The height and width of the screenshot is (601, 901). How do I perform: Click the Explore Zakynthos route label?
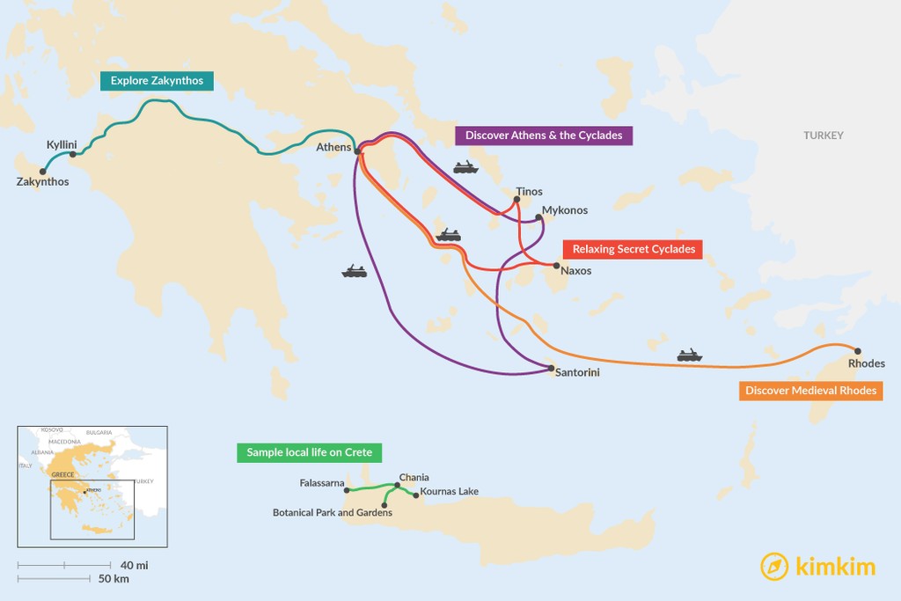coord(157,81)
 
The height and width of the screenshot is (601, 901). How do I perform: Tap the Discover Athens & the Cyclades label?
coord(544,136)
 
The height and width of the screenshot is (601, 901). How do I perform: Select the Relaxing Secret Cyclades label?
coord(634,249)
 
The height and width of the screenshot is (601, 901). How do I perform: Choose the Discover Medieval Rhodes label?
coord(810,391)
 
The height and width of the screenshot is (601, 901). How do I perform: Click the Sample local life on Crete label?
coord(309,452)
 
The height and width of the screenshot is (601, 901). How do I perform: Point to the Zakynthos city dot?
coord(42,172)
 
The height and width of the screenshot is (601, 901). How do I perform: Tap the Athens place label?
coord(334,148)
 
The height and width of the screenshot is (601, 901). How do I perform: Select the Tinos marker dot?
coord(517,199)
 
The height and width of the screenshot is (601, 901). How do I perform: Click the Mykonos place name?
coord(565,210)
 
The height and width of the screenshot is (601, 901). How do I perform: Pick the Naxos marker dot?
coord(556,265)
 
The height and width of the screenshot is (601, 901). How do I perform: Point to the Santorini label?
coord(577,373)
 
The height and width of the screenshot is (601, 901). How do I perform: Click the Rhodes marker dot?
coord(858,351)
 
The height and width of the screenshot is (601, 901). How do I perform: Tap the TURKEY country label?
coord(823,136)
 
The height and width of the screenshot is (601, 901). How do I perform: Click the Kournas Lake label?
coord(450,491)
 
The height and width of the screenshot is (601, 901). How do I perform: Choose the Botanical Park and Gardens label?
coord(333,512)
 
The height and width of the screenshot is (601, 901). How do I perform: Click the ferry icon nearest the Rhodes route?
coord(690,355)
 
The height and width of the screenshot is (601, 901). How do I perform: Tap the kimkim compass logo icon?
coord(774,566)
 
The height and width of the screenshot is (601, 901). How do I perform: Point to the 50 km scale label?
coord(114,578)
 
